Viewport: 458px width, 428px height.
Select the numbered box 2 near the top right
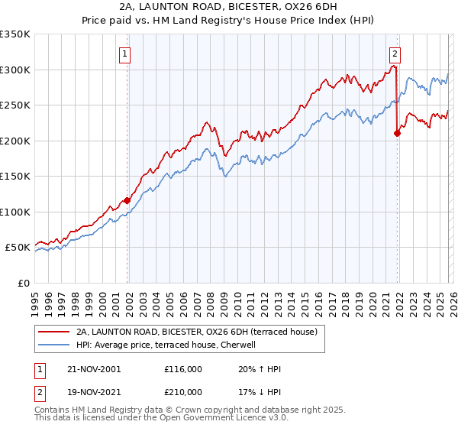click(395, 53)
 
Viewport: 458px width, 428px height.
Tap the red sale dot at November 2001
click(127, 200)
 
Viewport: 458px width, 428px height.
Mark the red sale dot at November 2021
click(397, 133)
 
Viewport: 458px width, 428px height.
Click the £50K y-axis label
click(18, 248)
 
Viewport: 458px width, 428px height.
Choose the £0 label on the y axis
click(24, 283)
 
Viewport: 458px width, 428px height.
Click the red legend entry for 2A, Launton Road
click(202, 332)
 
